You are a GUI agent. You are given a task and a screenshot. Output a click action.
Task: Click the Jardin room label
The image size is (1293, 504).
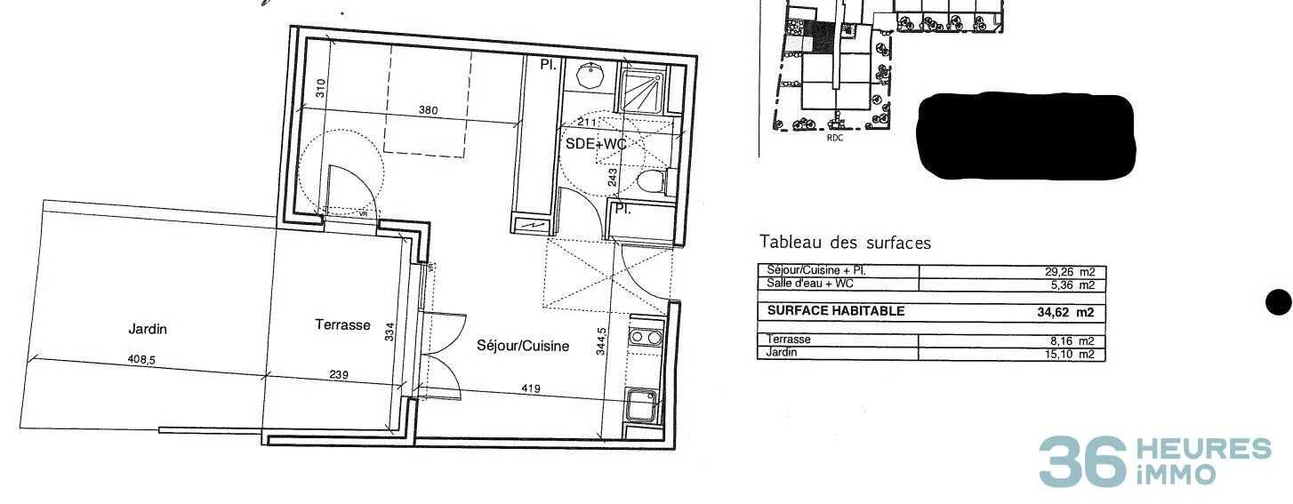148,329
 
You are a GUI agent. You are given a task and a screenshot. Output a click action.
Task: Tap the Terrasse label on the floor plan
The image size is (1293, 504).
343,324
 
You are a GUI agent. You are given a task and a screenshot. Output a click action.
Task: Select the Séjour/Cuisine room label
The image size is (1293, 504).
523,346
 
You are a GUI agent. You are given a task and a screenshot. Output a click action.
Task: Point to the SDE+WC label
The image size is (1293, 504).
596,144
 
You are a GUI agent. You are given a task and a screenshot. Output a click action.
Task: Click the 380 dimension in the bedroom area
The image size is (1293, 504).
428,110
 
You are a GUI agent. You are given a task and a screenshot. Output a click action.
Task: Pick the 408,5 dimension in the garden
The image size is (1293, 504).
141,360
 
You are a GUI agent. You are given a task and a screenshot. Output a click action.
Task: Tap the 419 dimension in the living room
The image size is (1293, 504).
531,388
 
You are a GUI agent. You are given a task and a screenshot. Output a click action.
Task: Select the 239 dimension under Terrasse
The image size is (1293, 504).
339,375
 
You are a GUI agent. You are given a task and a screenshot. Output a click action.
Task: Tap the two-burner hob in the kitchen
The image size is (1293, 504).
646,337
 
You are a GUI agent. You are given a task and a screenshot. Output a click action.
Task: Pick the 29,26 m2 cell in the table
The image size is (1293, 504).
1070,272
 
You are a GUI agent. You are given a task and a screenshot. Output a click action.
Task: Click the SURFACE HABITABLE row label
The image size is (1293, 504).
835,311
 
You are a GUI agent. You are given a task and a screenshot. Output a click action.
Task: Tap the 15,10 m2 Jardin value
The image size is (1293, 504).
1070,354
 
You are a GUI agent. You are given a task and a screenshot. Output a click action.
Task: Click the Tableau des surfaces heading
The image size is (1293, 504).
845,242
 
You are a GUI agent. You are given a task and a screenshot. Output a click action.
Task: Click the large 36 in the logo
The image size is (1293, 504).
1082,461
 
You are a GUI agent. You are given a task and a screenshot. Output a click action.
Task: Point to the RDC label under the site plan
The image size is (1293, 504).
835,138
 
